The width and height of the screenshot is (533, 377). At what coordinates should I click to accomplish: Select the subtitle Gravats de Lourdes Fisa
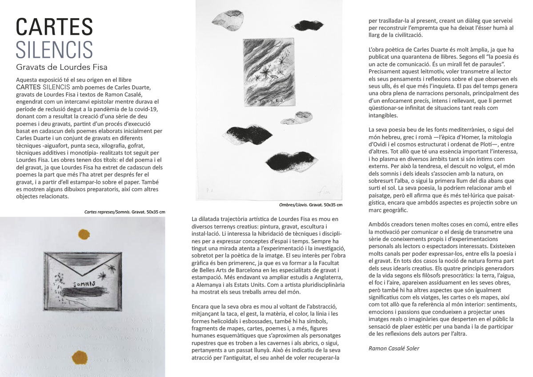coord(62,67)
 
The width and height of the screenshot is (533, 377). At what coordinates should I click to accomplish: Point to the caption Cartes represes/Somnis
coord(105,212)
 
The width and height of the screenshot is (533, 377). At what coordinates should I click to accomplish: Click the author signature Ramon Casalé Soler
coord(394,348)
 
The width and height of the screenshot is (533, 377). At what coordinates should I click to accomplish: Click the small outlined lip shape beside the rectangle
coord(295,117)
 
